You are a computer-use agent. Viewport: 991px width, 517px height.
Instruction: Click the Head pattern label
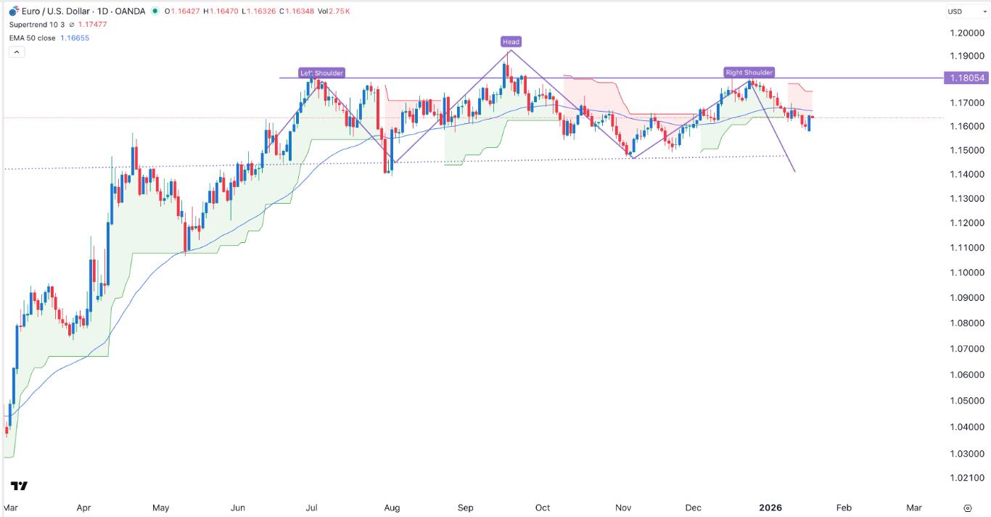pos(511,42)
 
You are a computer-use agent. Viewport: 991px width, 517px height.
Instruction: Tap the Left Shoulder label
pos(322,73)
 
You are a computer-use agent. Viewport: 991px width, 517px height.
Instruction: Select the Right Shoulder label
pos(749,73)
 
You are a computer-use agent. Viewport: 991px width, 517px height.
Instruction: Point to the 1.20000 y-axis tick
pos(965,33)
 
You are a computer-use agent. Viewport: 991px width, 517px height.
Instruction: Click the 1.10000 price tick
pos(965,273)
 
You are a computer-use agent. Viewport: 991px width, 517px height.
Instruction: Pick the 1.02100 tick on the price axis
pos(965,479)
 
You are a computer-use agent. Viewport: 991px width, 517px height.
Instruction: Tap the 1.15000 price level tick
pos(965,151)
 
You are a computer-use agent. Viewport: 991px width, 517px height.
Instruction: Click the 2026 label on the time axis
pos(770,508)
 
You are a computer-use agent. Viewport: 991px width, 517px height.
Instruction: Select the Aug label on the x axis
pos(392,508)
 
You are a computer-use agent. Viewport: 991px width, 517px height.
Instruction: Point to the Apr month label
pos(83,508)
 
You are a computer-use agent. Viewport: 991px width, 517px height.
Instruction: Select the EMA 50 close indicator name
pos(32,38)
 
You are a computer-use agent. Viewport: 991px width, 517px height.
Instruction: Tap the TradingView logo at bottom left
pos(20,486)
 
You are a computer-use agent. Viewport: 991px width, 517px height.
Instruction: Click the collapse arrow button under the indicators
pos(17,52)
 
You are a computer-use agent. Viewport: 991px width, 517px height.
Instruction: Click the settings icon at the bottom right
pos(967,508)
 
